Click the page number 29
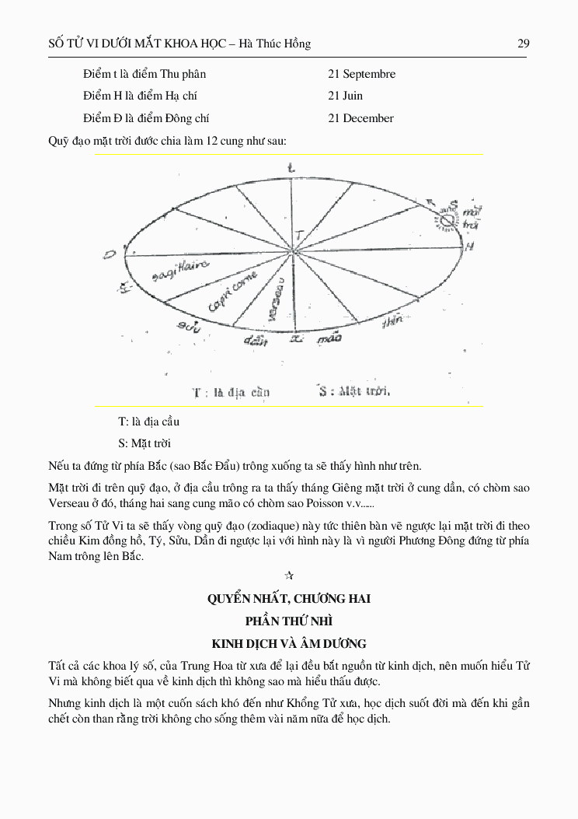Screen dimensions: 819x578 click(523, 44)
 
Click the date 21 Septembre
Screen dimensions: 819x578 click(361, 74)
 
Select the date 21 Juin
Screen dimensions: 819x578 click(345, 96)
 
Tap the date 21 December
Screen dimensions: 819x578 click(360, 118)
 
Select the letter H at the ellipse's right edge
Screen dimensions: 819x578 click(469, 246)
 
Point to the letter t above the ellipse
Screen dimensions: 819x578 click(291, 167)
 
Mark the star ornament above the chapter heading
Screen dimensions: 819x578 click(289, 576)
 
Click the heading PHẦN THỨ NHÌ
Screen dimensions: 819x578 click(288, 621)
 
